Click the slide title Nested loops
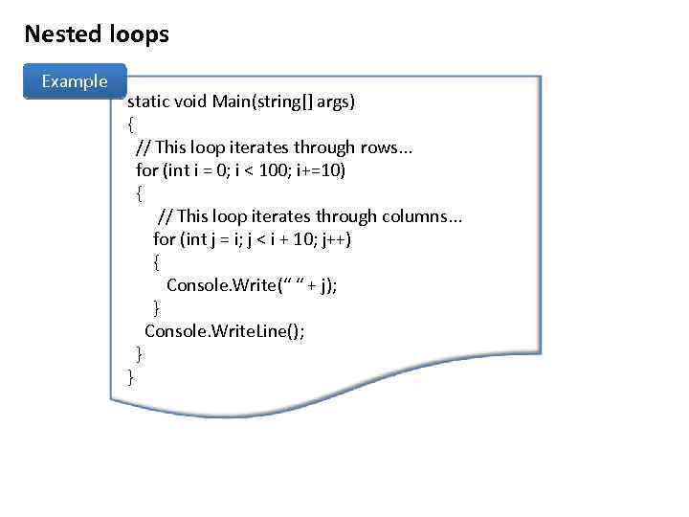point(97,34)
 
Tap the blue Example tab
point(74,81)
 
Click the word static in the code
point(148,101)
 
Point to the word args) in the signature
point(333,101)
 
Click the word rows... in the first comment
point(387,146)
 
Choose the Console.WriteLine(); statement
point(225,330)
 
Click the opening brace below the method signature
point(131,124)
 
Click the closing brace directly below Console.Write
point(157,307)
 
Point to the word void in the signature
point(191,101)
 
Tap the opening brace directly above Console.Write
point(157,261)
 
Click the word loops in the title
point(139,34)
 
